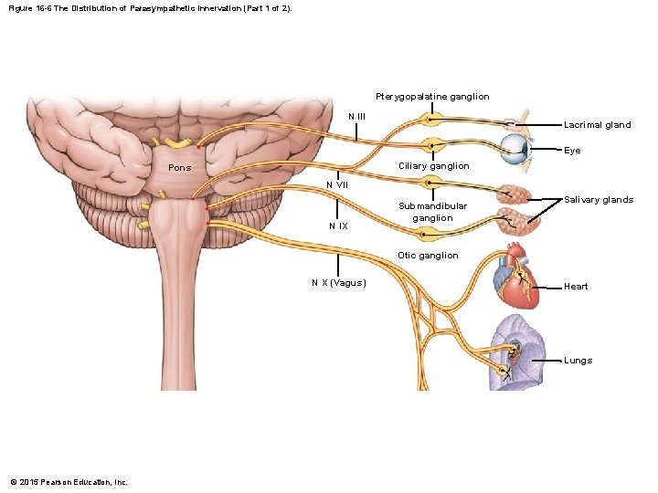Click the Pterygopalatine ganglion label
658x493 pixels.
click(x=431, y=97)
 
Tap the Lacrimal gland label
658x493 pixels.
click(x=597, y=125)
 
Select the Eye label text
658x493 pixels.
click(x=572, y=151)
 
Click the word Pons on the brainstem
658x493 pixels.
click(x=180, y=168)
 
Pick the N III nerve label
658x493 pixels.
click(x=357, y=116)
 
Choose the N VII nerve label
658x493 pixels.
click(x=338, y=185)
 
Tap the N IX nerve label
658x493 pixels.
click(x=338, y=226)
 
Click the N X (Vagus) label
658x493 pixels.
click(x=338, y=282)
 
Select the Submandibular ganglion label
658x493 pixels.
click(x=432, y=212)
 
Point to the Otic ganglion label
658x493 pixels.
click(x=428, y=256)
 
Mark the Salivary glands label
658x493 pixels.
click(x=599, y=200)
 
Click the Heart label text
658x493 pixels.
click(x=576, y=287)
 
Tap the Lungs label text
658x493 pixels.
click(x=578, y=361)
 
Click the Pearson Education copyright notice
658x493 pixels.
click(x=69, y=482)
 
